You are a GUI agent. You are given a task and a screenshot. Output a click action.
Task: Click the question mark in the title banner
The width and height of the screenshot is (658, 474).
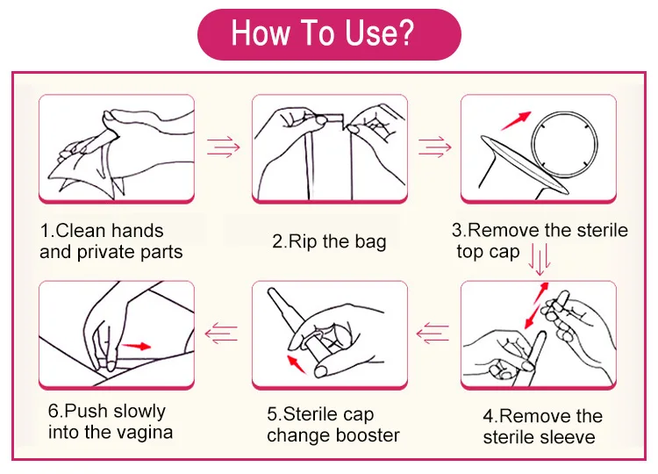(403, 34)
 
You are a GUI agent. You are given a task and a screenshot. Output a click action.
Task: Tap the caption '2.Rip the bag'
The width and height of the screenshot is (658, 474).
(329, 241)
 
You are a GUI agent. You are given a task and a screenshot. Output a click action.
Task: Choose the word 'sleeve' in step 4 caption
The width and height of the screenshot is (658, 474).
(565, 436)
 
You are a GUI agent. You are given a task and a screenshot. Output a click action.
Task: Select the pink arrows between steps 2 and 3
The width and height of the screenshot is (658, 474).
(433, 144)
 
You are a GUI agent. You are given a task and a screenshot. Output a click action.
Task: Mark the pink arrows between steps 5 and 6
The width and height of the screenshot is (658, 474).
(222, 333)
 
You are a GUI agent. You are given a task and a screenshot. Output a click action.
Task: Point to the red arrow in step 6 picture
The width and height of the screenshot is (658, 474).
(135, 347)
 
